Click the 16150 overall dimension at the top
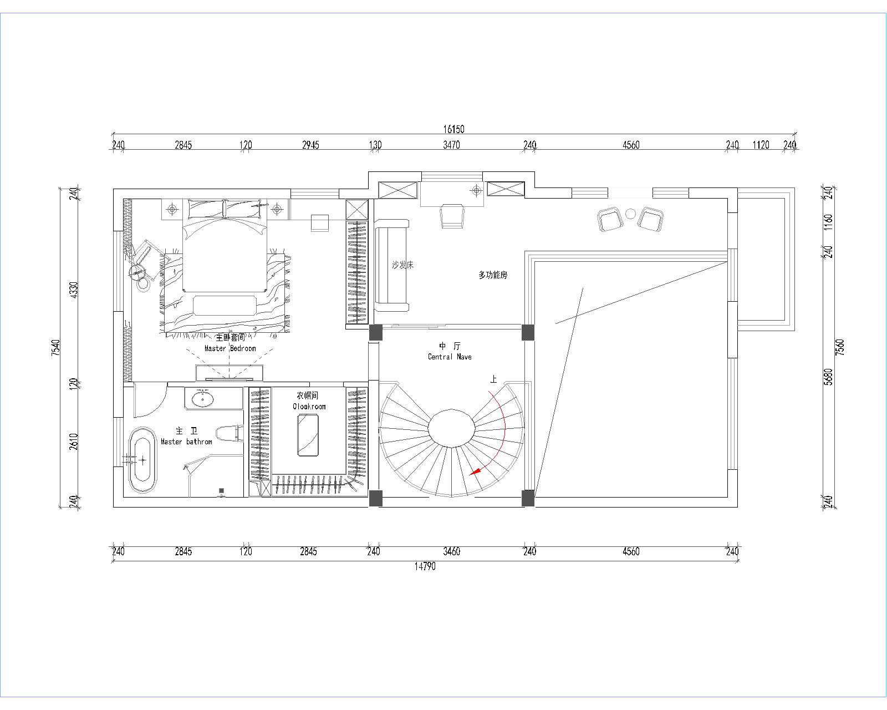(x=453, y=129)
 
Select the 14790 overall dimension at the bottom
(x=425, y=566)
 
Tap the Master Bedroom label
(x=230, y=348)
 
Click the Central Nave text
(x=450, y=357)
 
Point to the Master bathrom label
(x=186, y=442)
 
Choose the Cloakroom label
(x=309, y=407)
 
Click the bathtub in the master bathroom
(x=142, y=460)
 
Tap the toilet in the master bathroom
(x=229, y=434)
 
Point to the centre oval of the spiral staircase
(x=451, y=428)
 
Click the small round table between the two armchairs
(x=630, y=214)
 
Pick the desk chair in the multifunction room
(x=452, y=215)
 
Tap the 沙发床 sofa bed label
(x=402, y=265)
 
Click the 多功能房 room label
(x=493, y=275)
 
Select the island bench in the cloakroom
(x=308, y=435)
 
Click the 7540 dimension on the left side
(x=55, y=348)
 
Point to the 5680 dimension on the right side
(x=828, y=377)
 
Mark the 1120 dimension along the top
(x=761, y=145)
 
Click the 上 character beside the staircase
(x=493, y=379)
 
